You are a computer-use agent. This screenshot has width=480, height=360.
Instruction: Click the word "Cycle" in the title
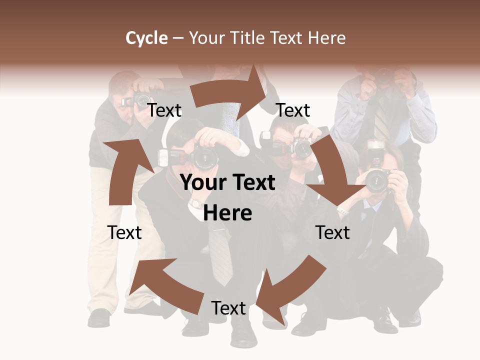[x=146, y=37]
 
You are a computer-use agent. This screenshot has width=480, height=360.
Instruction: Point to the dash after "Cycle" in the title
[x=178, y=38]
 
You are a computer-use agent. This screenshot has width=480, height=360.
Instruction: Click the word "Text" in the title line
[x=286, y=37]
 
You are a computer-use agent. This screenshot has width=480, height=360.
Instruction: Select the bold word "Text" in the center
[x=252, y=183]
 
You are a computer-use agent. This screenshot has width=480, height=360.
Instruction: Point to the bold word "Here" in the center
[x=227, y=213]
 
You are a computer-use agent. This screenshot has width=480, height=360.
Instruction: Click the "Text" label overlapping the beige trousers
[x=124, y=232]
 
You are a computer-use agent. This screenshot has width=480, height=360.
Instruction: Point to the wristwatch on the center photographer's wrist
[x=195, y=203]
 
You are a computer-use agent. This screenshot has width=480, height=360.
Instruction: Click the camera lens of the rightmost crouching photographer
[x=375, y=181]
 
